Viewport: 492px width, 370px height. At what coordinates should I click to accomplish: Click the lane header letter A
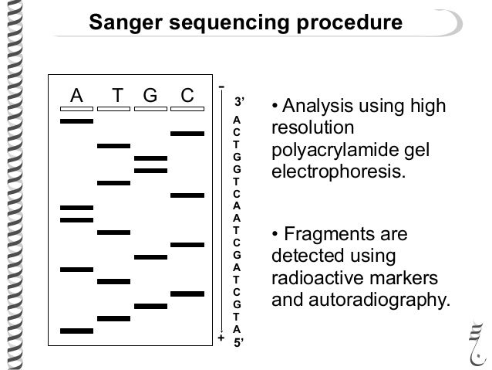point(76,96)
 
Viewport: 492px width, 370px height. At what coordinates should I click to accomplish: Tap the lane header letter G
point(150,96)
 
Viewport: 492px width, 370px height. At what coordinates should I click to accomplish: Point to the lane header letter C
point(187,96)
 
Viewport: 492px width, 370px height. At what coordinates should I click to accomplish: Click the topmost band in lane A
point(76,121)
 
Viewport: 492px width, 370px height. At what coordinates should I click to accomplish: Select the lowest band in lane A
point(76,331)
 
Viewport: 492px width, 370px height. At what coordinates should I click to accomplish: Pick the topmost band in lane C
point(187,134)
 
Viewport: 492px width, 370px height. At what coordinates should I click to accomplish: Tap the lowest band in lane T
point(113,318)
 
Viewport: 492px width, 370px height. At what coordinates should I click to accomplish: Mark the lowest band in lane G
point(150,306)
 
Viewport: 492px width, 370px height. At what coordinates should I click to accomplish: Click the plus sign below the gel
point(221,338)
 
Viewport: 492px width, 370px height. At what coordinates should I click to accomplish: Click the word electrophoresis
point(337,171)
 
